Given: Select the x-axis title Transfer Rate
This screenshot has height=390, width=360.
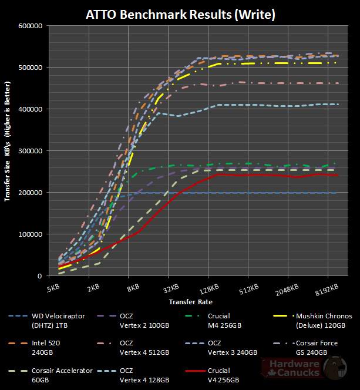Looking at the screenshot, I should tap(191, 302).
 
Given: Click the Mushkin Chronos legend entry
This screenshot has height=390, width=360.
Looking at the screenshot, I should tap(321, 320).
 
